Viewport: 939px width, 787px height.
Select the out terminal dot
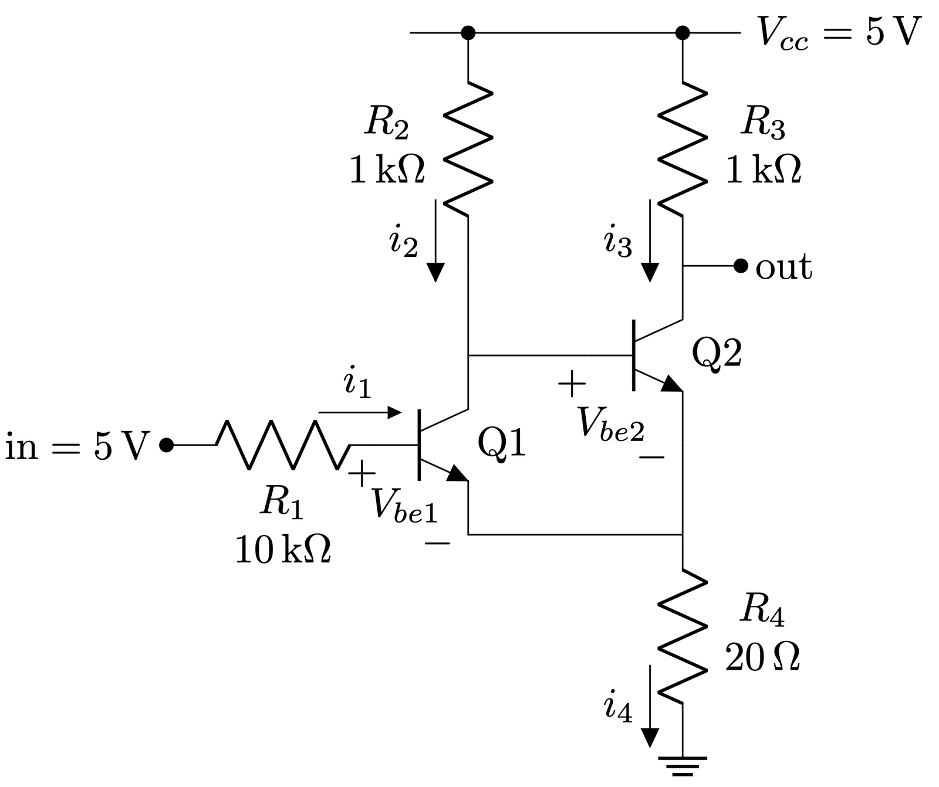coord(741,266)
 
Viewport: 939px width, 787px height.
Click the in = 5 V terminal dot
coord(167,445)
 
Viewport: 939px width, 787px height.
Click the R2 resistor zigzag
coord(468,148)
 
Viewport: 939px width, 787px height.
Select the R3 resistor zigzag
coord(683,148)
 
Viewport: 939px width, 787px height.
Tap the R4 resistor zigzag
coord(683,636)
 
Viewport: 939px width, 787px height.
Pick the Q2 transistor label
coord(717,354)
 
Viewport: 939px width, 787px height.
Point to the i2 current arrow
coord(435,240)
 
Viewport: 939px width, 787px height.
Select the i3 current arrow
coord(650,240)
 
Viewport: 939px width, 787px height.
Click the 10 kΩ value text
coord(283,549)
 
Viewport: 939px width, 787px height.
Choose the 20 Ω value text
coord(762,657)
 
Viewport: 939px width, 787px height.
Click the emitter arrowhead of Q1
coord(457,474)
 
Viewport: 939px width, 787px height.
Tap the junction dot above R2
coord(468,33)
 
